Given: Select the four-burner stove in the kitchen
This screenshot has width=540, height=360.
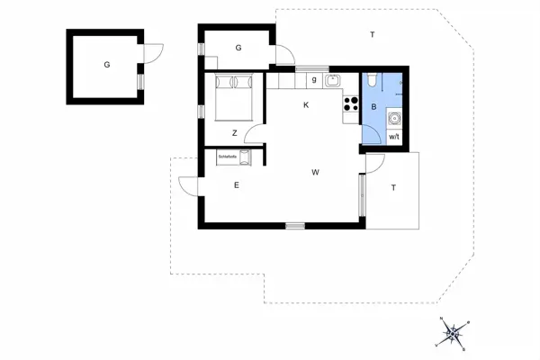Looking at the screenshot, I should coord(349,106).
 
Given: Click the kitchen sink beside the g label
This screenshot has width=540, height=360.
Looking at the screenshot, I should coord(333,80).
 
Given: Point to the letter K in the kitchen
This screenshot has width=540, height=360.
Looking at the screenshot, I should coord(306,105).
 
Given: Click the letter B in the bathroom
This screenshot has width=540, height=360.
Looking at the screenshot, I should coord(373,106).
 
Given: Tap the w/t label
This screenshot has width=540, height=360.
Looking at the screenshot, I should coord(393,137).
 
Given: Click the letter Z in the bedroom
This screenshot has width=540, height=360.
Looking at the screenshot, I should coord(234,133).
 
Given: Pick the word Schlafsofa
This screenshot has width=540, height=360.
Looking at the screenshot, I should coord(227,156).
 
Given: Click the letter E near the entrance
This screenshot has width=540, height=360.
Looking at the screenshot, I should coord(236,185).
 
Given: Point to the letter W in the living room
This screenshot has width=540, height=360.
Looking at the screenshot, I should coord(315,171).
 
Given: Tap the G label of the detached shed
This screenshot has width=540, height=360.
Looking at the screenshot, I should coord(106,65).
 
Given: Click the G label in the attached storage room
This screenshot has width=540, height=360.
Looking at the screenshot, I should coord(238,47).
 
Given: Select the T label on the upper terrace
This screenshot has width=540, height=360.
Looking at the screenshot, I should coord(372,34).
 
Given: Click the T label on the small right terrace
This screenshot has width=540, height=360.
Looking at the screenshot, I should coord(393,188).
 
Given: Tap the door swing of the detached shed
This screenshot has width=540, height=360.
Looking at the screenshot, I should coord(153,53).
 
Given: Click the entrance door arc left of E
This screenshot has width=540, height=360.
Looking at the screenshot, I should coord(189,186).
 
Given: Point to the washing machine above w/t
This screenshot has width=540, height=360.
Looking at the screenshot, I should coord(393,116).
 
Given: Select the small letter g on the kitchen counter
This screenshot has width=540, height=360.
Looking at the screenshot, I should coord(313,80).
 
